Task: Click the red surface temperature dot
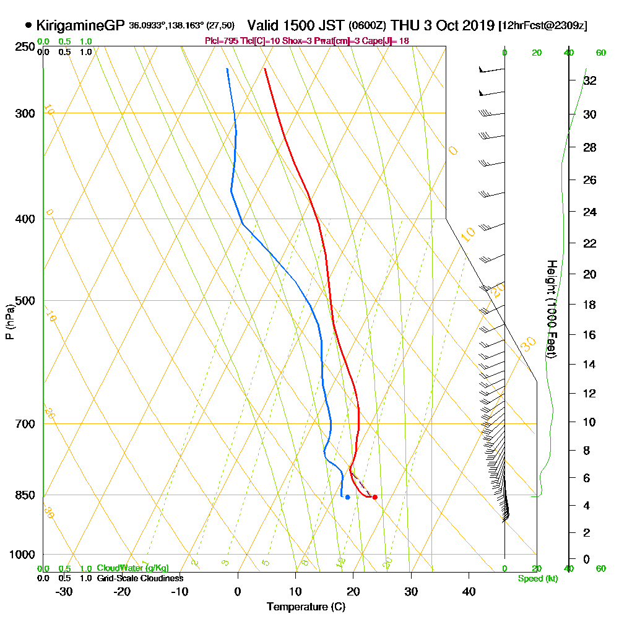tap(374, 497)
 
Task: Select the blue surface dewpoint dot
tap(347, 497)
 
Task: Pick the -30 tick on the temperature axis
tap(64, 591)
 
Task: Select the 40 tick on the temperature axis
tap(469, 591)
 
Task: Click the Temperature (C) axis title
tap(306, 607)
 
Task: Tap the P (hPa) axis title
tap(9, 321)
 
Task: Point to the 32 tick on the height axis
tap(590, 80)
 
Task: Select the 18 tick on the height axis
tap(590, 305)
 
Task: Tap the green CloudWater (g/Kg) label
tap(132, 568)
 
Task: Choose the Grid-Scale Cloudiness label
tap(139, 578)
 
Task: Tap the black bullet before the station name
tap(28, 25)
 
